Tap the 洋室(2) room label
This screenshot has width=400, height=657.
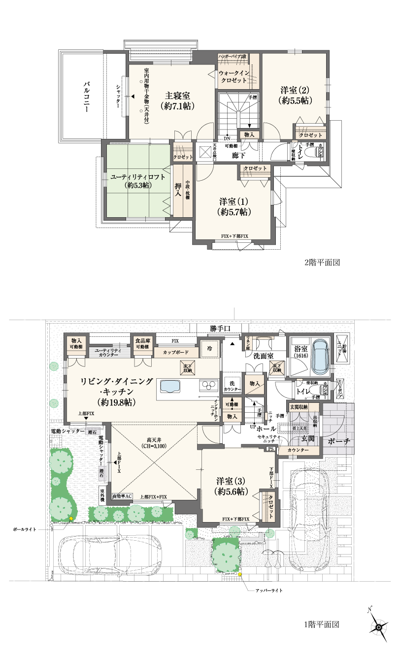point(295,96)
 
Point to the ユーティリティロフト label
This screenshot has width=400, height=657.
point(131,181)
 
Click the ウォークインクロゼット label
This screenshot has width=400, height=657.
point(234,76)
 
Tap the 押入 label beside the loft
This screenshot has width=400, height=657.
point(178,190)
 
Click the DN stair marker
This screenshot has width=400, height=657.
point(227,138)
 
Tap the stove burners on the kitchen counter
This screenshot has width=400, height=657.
point(209,384)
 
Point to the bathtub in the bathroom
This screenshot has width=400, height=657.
point(321,356)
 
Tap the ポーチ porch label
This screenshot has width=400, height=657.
point(338,441)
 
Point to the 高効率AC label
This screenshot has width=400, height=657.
point(122,496)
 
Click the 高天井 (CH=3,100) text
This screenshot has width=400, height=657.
point(156,442)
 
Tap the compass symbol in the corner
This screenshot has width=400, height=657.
point(378,627)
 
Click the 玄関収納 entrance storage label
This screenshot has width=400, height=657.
point(299,407)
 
